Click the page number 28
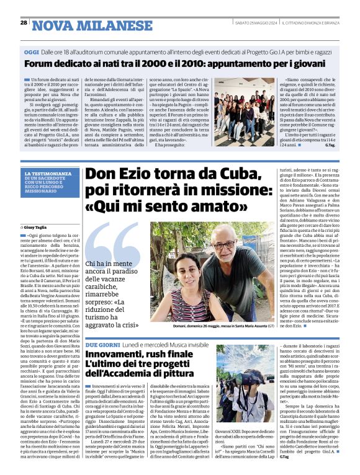point(23,23)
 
